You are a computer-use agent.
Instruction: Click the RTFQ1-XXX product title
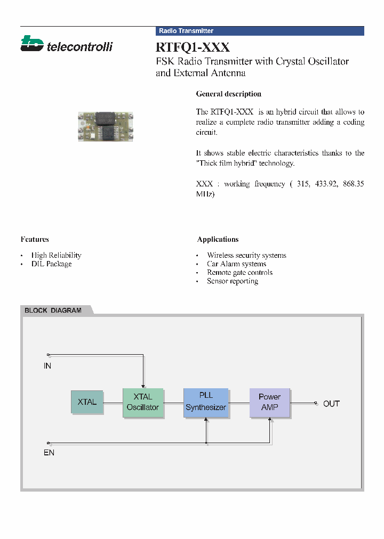click(193, 47)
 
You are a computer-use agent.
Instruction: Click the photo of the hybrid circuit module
click(105, 126)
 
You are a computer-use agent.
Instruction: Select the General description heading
click(228, 94)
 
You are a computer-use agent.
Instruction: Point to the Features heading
click(35, 239)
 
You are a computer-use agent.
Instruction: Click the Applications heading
click(218, 239)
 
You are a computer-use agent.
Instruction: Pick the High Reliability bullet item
click(56, 255)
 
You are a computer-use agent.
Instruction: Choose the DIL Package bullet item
click(51, 264)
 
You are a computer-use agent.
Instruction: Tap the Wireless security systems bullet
click(246, 255)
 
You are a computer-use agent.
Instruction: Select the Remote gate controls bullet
click(239, 272)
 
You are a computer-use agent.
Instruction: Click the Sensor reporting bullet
click(233, 281)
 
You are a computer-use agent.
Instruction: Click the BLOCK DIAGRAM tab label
click(53, 310)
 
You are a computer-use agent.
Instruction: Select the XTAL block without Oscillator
click(87, 402)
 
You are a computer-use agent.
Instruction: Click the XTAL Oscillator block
click(142, 402)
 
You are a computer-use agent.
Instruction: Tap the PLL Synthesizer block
click(206, 402)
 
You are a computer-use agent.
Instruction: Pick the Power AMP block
click(270, 402)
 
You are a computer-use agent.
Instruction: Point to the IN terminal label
click(47, 366)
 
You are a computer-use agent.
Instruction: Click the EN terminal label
click(49, 453)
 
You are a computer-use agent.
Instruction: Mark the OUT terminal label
click(331, 404)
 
